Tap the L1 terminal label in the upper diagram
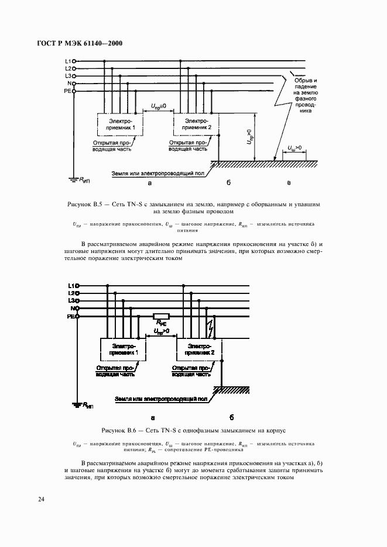(67, 61)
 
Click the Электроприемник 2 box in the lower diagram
(200, 350)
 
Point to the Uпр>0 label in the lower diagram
(160, 331)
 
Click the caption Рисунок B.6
(193, 431)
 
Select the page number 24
(41, 499)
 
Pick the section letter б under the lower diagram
(231, 417)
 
